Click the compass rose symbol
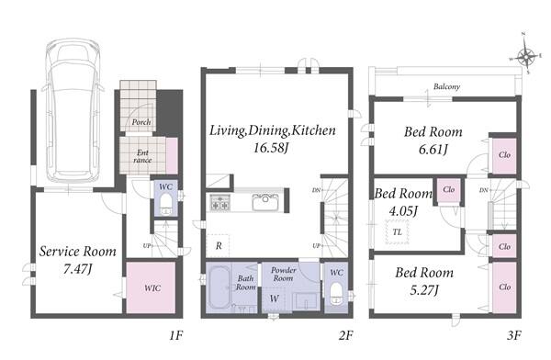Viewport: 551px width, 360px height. pos(525,55)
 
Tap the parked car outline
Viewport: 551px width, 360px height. pos(73,110)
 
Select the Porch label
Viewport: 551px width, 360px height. pos(141,122)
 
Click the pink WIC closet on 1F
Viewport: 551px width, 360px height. pos(151,287)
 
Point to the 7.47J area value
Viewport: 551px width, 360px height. pos(78,269)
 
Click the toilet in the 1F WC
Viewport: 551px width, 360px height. pos(166,204)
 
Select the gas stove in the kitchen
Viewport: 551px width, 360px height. pos(220,202)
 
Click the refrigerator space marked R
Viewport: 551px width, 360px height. pos(219,246)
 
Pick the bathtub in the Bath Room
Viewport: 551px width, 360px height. pos(219,287)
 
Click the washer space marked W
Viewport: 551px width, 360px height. pos(274,298)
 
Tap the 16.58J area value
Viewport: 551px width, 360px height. pos(271,148)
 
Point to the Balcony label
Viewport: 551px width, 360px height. pos(446,86)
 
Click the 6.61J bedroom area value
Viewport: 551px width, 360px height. pos(433,150)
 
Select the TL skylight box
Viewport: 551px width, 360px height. pos(397,232)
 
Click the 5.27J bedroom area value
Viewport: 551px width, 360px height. pos(424,290)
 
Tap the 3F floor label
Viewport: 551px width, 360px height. pos(513,335)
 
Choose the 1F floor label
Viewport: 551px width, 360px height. pos(176,335)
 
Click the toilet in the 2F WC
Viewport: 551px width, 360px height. pos(336,292)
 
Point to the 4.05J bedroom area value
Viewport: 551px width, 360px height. pos(403,211)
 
